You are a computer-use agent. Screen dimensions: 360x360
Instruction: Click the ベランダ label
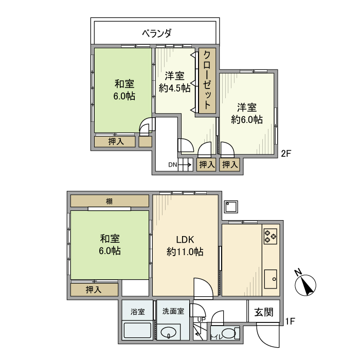(x=156, y=33)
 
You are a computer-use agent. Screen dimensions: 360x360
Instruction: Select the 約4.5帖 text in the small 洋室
(x=174, y=88)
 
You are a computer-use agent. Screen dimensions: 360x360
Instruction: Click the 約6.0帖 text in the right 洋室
(x=247, y=119)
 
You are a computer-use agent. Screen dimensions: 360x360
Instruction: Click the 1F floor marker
(x=290, y=322)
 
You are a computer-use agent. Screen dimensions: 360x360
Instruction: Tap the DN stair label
(x=172, y=165)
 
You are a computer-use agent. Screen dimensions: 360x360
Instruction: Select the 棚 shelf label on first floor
(x=110, y=201)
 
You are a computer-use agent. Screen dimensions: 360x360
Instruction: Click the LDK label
(x=185, y=240)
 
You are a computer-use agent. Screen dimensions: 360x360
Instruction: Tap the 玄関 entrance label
(x=263, y=312)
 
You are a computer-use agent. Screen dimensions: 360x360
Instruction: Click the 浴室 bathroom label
(x=137, y=312)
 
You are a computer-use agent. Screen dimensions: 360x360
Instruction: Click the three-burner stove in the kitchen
(x=271, y=236)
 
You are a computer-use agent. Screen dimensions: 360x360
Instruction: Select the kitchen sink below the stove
(x=271, y=279)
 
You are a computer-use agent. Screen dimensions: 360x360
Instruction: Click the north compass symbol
(x=307, y=284)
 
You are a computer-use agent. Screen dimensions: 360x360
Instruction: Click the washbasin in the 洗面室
(x=169, y=333)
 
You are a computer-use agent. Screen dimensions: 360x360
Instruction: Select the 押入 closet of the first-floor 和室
(x=94, y=290)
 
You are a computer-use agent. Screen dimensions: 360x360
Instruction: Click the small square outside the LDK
(x=230, y=207)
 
